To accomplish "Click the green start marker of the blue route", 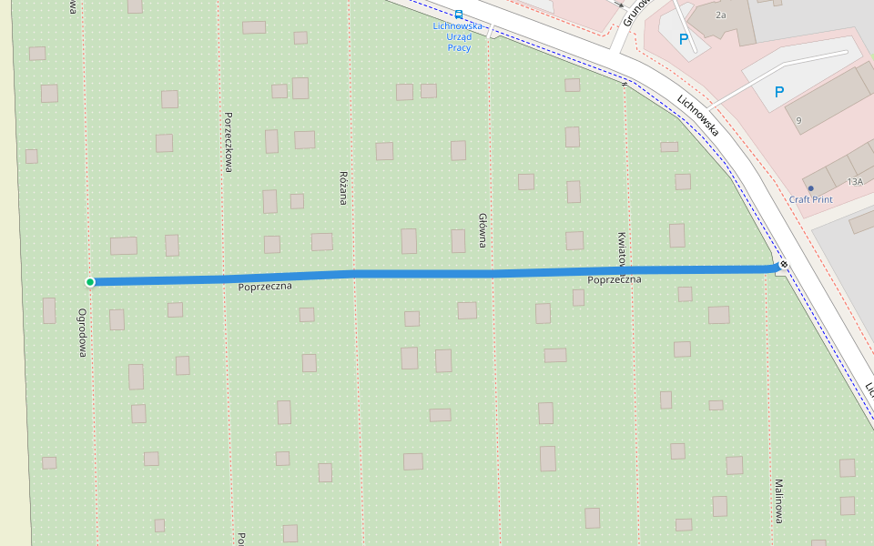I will tap(90, 282).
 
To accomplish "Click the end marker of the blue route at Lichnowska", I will tap(783, 266).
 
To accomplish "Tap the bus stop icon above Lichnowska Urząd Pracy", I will tap(458, 15).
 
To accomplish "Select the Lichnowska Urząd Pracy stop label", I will tap(458, 36).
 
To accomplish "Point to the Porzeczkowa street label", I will tap(229, 142).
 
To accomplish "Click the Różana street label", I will tap(343, 187).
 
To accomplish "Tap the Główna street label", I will tap(483, 230).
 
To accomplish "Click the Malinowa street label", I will tap(778, 501).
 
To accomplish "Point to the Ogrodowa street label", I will tap(82, 332).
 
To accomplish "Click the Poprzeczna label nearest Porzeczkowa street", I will tap(264, 288).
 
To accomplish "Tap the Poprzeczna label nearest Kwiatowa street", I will tap(615, 279).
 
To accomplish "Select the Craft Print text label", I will tap(810, 200).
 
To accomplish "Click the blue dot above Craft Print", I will tap(810, 188).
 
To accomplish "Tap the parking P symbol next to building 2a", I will tap(684, 39).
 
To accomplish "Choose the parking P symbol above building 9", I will tap(778, 92).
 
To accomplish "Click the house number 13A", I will tap(854, 182).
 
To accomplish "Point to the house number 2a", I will tap(721, 15).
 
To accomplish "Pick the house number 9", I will tap(798, 120).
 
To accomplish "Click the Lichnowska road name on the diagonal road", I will tap(698, 116).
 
